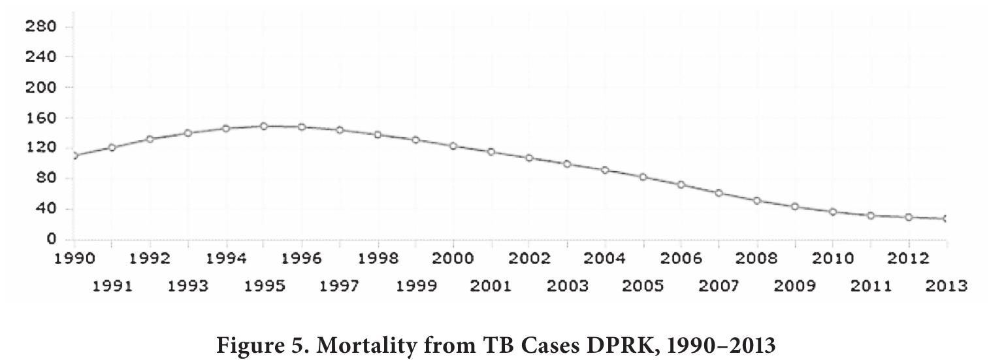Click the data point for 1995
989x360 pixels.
click(x=264, y=126)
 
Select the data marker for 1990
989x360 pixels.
click(x=74, y=155)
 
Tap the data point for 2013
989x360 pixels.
click(x=946, y=219)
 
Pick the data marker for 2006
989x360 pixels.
click(x=681, y=185)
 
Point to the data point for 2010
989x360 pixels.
click(x=832, y=212)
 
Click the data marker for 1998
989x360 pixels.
click(x=378, y=135)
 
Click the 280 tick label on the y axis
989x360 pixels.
click(x=41, y=27)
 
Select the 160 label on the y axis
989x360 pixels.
click(x=41, y=118)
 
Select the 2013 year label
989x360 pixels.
click(x=946, y=286)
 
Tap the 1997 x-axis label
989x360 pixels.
click(x=340, y=286)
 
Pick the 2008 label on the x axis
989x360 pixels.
click(x=756, y=259)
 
